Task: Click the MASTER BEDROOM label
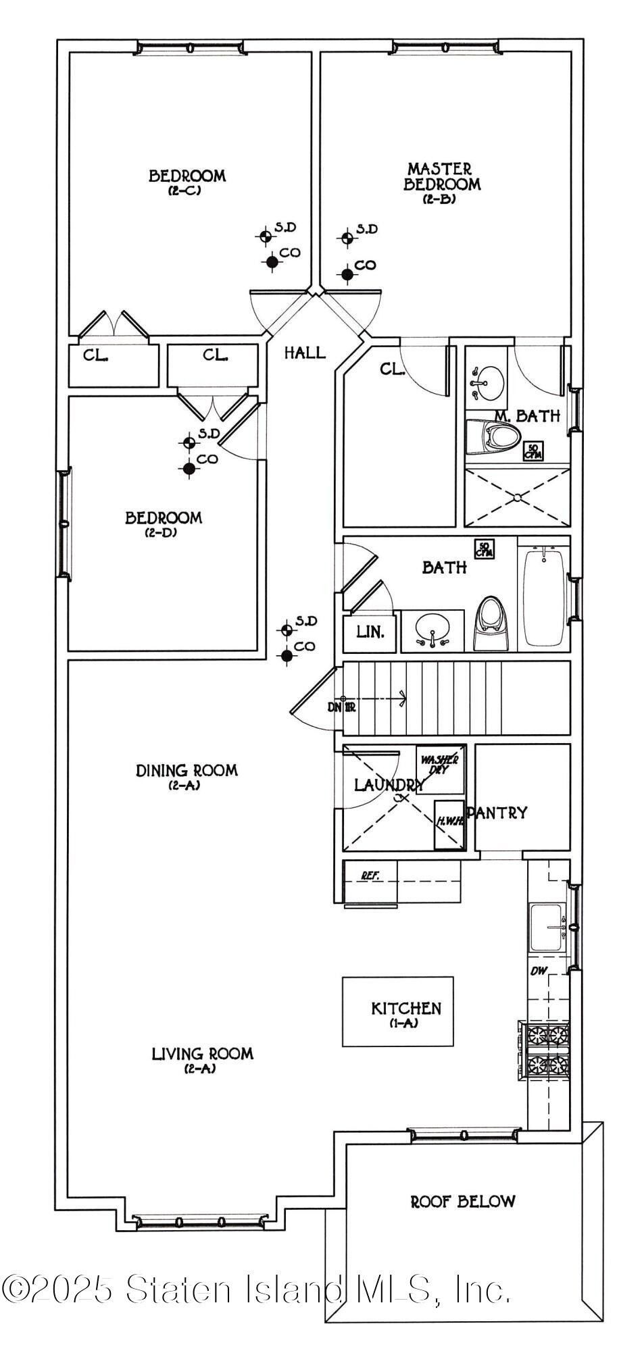[442, 176]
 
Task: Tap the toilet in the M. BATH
[489, 437]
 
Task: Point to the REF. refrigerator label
[370, 875]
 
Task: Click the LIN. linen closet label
[370, 632]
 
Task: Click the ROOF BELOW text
[463, 1202]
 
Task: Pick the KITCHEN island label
[405, 1009]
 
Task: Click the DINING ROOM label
[187, 771]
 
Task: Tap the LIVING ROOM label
[202, 1054]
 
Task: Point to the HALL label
[304, 352]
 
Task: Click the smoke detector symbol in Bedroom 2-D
[189, 442]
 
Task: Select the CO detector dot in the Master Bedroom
[347, 274]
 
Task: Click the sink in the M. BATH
[487, 380]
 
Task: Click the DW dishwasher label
[538, 971]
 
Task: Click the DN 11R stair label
[342, 707]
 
